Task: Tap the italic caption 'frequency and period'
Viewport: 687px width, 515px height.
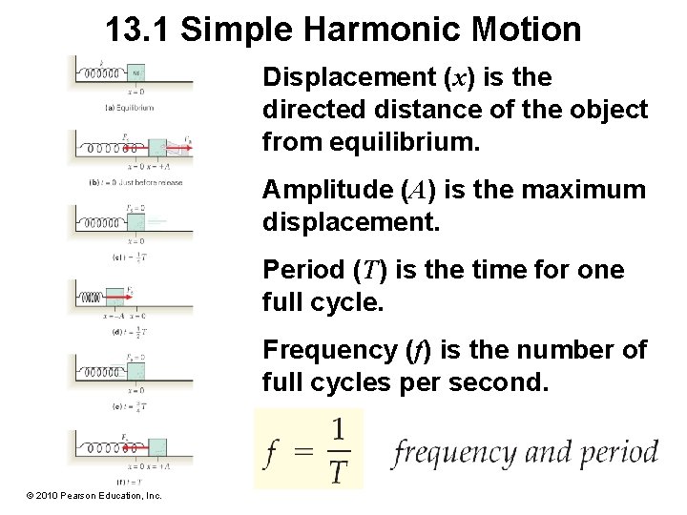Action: (524, 452)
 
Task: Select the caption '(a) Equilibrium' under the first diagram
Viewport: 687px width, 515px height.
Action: (129, 108)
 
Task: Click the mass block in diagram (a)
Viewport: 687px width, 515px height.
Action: (135, 73)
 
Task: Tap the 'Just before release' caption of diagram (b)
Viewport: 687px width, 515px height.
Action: (142, 181)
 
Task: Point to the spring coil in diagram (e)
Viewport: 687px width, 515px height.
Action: (101, 371)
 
